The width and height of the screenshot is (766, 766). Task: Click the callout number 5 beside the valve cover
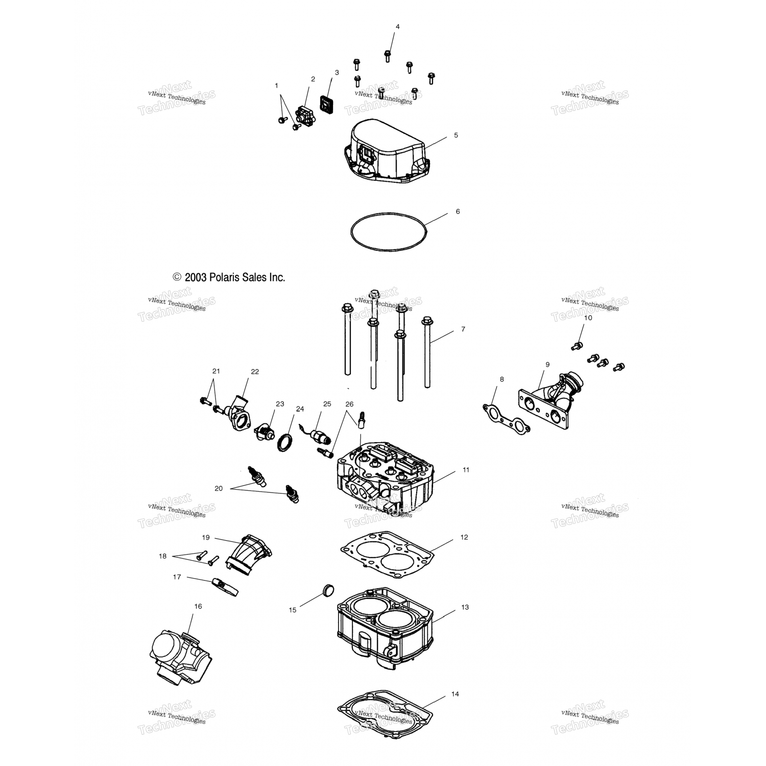(456, 135)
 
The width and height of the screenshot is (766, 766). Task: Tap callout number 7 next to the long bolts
(463, 329)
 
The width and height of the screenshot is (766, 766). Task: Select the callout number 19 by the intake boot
(206, 537)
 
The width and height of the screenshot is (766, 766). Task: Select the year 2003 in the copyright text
(196, 277)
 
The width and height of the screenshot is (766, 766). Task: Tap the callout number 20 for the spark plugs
(219, 489)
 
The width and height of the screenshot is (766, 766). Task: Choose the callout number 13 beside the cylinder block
(465, 607)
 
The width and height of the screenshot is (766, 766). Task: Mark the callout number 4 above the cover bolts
(398, 27)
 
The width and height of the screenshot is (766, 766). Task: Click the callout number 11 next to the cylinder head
(466, 470)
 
